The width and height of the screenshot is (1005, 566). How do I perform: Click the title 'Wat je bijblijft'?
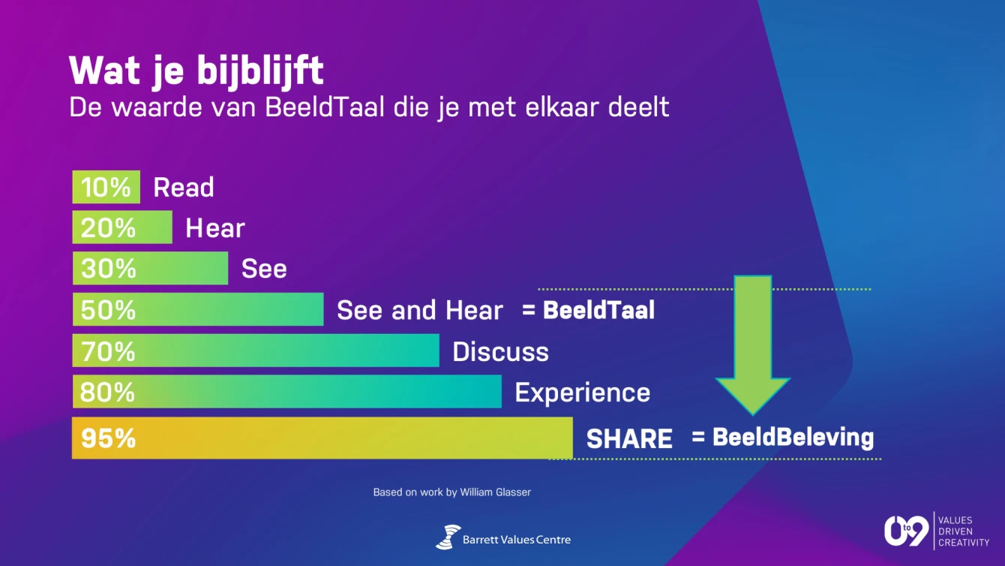[196, 71]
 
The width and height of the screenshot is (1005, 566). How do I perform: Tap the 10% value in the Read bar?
[106, 187]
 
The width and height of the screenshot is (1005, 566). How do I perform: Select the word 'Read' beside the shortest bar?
[184, 188]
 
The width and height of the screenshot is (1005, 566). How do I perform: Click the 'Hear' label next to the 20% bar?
[215, 227]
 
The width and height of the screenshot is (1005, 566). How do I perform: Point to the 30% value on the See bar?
[109, 269]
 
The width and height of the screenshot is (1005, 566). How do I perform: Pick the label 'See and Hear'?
[420, 310]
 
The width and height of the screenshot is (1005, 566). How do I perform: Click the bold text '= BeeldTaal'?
[588, 310]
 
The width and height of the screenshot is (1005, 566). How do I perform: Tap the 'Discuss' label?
[501, 351]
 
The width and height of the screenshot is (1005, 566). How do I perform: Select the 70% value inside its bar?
[108, 351]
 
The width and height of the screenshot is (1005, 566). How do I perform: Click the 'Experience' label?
[582, 393]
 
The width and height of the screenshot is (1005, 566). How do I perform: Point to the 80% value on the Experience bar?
[108, 392]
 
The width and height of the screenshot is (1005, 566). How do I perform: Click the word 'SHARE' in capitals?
[629, 438]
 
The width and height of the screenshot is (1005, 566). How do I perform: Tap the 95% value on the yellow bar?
[109, 438]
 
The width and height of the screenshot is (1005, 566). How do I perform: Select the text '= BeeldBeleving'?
[783, 437]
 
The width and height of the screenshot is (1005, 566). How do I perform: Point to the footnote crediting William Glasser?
[451, 492]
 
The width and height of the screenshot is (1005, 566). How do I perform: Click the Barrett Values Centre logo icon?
[448, 537]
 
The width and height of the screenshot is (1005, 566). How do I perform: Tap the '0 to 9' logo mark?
[906, 531]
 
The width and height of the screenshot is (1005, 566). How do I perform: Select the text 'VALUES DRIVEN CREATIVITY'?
[964, 531]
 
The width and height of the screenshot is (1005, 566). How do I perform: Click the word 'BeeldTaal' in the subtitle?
[325, 107]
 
